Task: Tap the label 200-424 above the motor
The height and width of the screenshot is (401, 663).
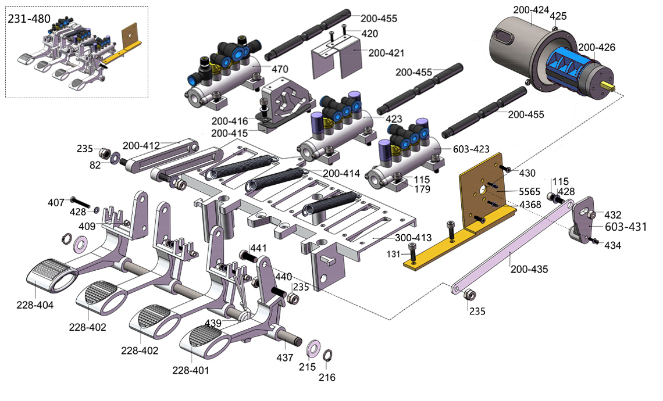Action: point(531,10)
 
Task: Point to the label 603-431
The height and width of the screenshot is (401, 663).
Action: point(626,227)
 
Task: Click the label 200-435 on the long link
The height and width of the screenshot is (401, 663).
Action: point(529,270)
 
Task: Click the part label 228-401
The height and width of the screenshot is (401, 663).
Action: point(191,370)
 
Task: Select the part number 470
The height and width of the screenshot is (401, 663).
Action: point(280,69)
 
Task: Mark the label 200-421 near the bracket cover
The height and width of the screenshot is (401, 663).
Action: point(386,53)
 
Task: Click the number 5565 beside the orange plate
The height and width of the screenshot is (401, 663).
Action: point(529,191)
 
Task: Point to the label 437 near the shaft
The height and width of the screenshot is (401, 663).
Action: point(284,358)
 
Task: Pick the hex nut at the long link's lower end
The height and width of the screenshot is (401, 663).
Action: point(468,296)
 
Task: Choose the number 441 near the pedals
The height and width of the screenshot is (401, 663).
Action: point(258,248)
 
